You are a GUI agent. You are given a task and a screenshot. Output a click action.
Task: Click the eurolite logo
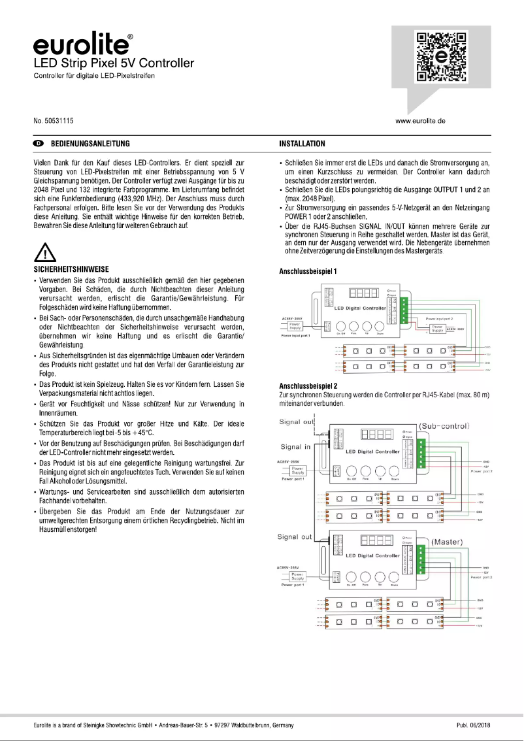(x=82, y=44)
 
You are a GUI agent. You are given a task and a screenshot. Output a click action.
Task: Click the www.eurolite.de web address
(x=420, y=122)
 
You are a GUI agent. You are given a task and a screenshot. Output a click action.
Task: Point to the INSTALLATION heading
(x=302, y=144)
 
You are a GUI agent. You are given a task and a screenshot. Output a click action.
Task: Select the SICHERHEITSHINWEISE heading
(x=71, y=269)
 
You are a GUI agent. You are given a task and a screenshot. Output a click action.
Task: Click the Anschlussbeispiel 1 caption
(x=308, y=270)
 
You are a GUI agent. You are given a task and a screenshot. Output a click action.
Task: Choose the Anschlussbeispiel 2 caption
(x=308, y=386)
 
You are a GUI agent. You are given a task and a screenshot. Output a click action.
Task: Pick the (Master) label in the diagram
(x=448, y=542)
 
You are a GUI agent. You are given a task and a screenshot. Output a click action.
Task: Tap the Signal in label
(x=296, y=447)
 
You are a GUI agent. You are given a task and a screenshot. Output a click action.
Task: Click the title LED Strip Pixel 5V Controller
(x=114, y=64)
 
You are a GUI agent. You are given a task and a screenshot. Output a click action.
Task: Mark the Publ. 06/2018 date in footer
(x=473, y=725)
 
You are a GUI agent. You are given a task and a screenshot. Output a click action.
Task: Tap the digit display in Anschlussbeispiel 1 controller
(x=363, y=294)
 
